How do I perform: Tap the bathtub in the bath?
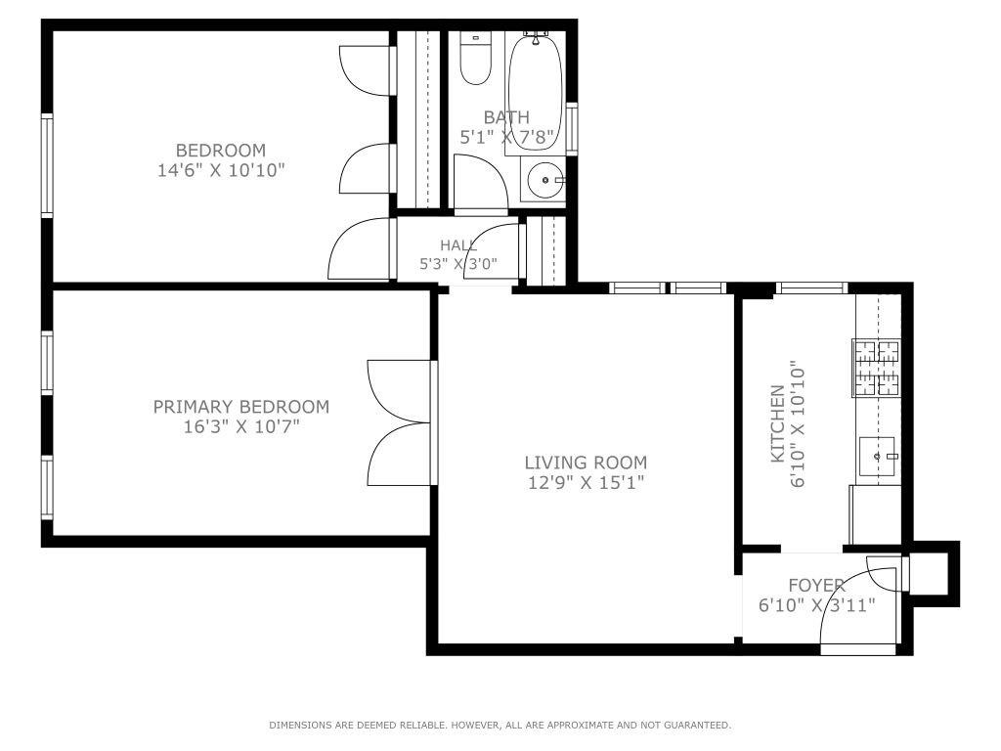coord(535,93)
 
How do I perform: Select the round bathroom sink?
coord(545,180)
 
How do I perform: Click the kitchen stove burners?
coord(877,368)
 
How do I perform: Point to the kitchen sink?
coord(878,457)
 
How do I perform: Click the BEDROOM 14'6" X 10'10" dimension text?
coord(221,170)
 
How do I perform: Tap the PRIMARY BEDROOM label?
coord(241,406)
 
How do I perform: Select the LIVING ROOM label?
coord(587,463)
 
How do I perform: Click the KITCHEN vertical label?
coord(777,423)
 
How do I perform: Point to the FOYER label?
coord(816,585)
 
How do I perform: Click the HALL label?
coord(457,244)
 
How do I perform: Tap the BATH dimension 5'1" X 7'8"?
coord(506,137)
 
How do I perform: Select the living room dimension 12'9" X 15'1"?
coord(587,482)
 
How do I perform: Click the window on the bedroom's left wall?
coord(47,165)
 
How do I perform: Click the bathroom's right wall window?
coord(572,128)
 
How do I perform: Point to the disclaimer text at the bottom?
coord(500,725)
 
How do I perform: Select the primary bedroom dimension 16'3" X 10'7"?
coord(241,426)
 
